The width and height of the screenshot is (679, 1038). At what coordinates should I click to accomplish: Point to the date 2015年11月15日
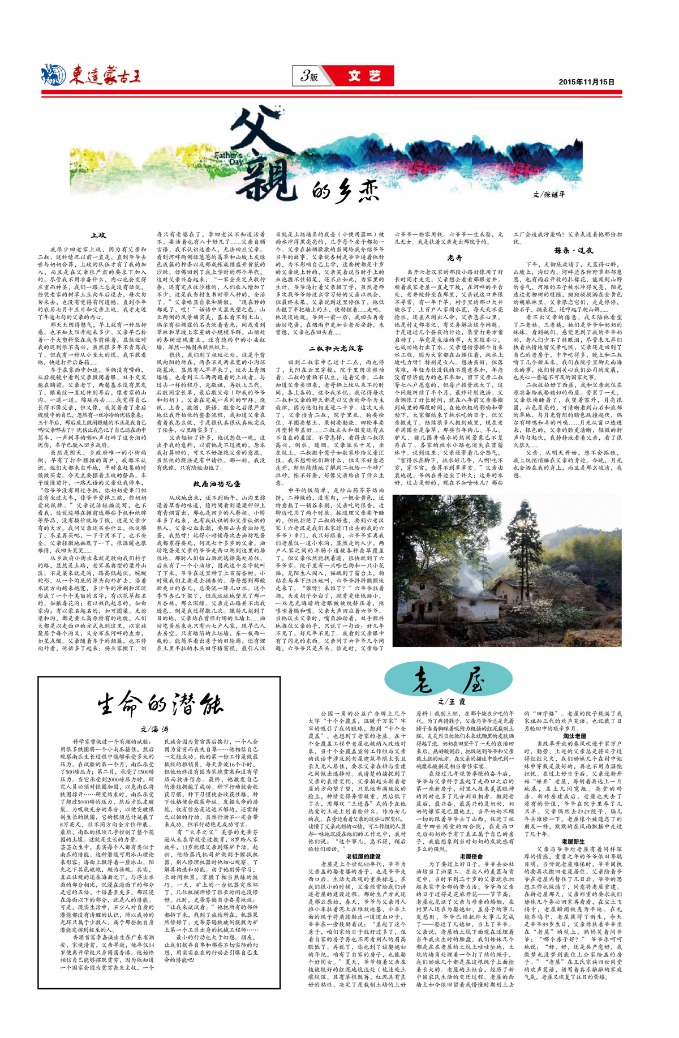tap(586, 82)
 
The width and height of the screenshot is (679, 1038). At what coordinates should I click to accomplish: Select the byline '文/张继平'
tap(549, 194)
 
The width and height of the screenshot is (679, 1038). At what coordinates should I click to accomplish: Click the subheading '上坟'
tap(98, 235)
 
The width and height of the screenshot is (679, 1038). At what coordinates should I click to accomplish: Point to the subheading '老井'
tap(454, 258)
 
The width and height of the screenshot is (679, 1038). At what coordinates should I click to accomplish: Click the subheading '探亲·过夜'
tap(573, 250)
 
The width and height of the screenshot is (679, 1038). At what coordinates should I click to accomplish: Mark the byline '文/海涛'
tap(154, 729)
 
